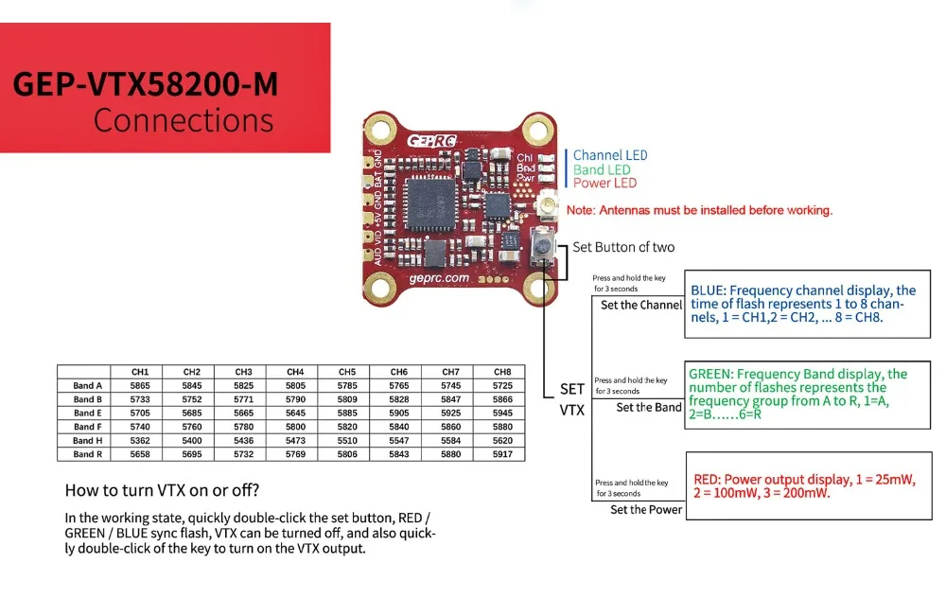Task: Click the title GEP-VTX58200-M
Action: tap(146, 84)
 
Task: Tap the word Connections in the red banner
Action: tap(184, 120)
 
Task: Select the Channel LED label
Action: tap(610, 155)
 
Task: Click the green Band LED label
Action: tap(602, 169)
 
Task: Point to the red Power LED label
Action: tap(604, 183)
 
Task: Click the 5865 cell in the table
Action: tap(140, 386)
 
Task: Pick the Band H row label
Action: tap(87, 441)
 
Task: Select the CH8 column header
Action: tap(502, 372)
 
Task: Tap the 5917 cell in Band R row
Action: tap(502, 454)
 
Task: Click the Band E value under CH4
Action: tap(295, 413)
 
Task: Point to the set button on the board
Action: tap(543, 245)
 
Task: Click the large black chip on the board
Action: tap(430, 203)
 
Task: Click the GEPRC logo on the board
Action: tap(432, 141)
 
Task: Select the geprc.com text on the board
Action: tap(439, 278)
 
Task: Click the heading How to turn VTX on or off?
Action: tap(162, 490)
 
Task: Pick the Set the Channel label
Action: tap(641, 305)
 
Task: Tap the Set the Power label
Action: tap(646, 509)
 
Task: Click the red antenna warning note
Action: tap(699, 210)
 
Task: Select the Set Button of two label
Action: tap(623, 247)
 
